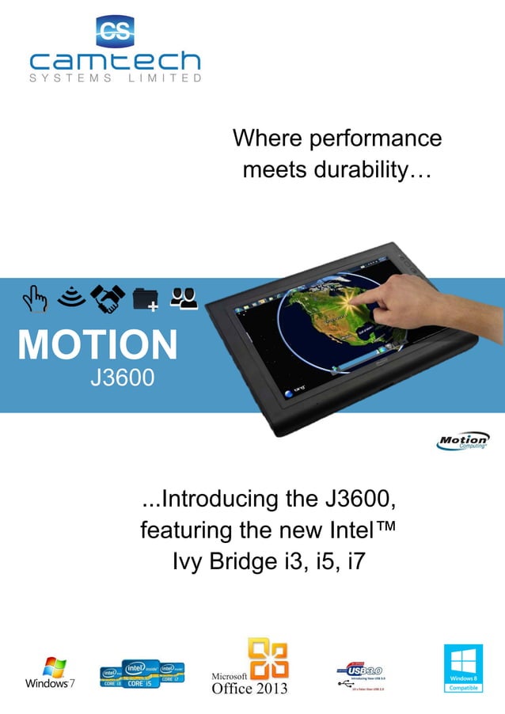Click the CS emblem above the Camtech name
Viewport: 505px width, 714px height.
tap(115, 31)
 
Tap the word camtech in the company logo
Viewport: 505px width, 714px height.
tap(116, 60)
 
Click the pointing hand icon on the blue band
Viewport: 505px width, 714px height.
tap(35, 299)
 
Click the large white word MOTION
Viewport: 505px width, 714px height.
tap(98, 346)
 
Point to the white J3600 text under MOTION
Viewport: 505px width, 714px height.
tap(122, 378)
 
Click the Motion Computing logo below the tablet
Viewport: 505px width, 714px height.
tap(463, 441)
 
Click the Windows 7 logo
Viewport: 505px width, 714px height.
tap(49, 672)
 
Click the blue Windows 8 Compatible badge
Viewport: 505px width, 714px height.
tap(462, 669)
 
